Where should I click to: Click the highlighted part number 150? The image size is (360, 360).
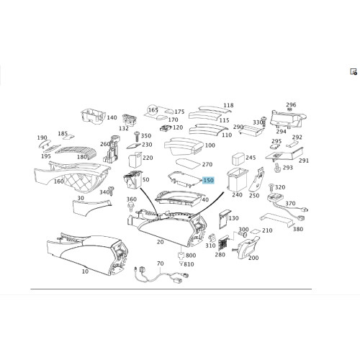(x=208, y=180)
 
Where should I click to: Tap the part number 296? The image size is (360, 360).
(x=291, y=104)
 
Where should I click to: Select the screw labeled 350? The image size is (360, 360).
(x=138, y=137)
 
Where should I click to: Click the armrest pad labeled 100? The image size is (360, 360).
(x=184, y=146)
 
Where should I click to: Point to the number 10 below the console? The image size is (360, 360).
(x=85, y=271)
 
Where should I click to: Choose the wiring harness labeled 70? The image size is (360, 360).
(x=161, y=275)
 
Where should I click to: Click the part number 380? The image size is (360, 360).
(x=298, y=229)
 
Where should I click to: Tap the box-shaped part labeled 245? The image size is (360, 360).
(x=238, y=158)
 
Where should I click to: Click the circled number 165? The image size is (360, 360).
(x=153, y=110)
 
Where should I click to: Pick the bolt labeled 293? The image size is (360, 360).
(x=277, y=168)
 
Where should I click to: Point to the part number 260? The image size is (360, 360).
(x=105, y=144)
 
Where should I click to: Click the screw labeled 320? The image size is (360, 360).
(x=271, y=187)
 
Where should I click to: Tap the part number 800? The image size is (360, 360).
(x=191, y=256)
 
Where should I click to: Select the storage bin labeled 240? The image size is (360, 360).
(x=237, y=179)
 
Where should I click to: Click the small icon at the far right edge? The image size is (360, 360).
(x=354, y=72)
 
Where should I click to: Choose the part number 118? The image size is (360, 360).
(x=228, y=105)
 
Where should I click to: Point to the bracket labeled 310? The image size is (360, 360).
(x=212, y=238)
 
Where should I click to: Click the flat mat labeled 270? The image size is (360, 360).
(x=188, y=163)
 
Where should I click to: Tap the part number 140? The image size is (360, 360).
(x=112, y=117)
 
